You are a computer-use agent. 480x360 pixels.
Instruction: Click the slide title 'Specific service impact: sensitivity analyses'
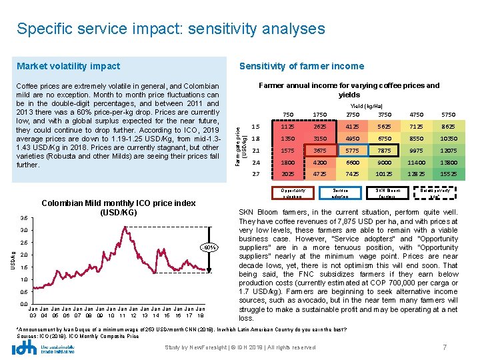tap(171, 29)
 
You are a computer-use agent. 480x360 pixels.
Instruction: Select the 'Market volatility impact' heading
tap(68, 66)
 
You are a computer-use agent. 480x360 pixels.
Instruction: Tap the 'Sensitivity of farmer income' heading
tap(301, 66)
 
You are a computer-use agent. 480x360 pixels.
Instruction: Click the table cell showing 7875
tap(385, 151)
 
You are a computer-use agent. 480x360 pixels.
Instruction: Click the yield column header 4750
tap(416, 115)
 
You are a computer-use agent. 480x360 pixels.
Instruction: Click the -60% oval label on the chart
tap(210, 248)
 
